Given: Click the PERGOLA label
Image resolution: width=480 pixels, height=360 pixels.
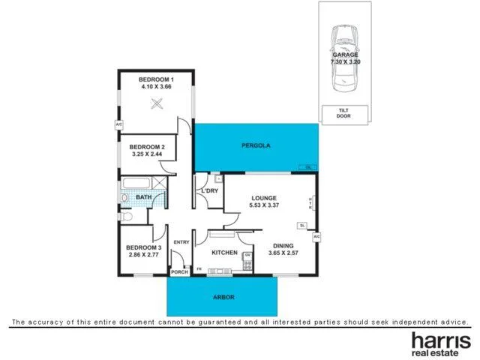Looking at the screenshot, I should [x=255, y=144].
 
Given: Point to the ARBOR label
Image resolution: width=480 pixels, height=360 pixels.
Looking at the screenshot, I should [x=223, y=297].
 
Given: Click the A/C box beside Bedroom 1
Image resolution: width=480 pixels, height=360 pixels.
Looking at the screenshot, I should [x=118, y=124].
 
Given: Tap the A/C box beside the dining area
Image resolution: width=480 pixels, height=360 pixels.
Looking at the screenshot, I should [x=316, y=237].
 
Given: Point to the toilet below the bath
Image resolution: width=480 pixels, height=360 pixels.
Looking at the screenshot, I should [x=127, y=217].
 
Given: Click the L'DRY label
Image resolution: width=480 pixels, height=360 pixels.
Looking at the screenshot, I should [x=209, y=191].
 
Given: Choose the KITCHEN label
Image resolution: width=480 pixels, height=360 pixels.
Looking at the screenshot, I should [x=224, y=253].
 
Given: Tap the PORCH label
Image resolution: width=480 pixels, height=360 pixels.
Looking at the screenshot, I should [x=179, y=272].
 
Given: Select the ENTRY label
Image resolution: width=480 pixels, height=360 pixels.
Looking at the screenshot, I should [x=181, y=242].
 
